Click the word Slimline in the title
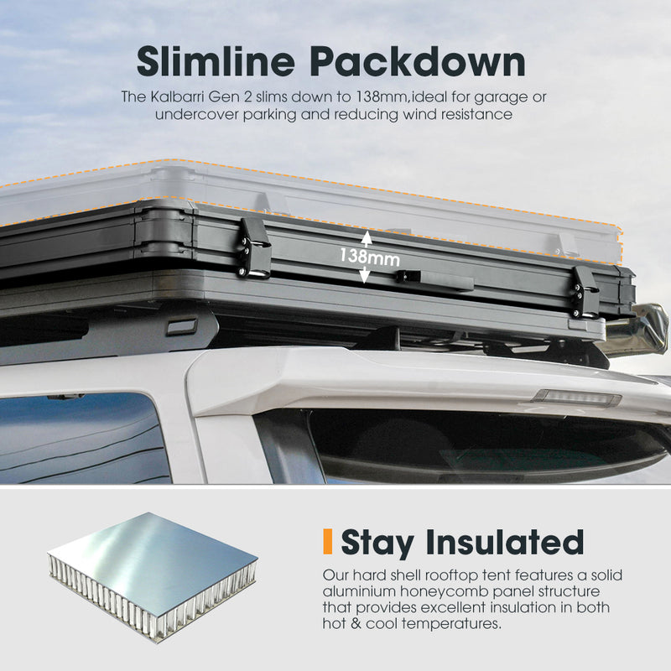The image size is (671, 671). (x=216, y=61)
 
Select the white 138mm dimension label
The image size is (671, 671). (x=370, y=257)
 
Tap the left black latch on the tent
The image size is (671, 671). (x=254, y=248)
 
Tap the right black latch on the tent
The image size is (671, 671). (x=585, y=292)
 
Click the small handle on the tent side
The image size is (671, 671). (x=434, y=280)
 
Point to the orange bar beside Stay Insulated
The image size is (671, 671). (x=328, y=541)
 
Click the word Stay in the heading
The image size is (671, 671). (x=377, y=543)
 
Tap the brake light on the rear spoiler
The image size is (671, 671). (x=576, y=398)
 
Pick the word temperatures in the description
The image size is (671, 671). (x=451, y=624)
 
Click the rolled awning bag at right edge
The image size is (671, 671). (x=639, y=327)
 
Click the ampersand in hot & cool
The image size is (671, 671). (x=356, y=623)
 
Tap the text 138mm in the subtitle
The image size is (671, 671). (x=382, y=96)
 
